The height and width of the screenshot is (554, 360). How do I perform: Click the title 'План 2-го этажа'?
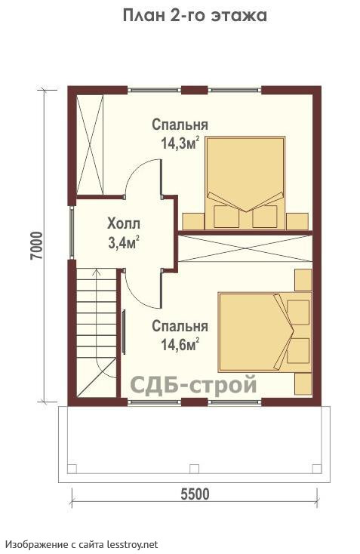(x=195, y=16)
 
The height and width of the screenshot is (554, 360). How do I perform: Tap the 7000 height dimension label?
(x=36, y=246)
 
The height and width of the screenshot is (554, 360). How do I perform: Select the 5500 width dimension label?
(x=195, y=494)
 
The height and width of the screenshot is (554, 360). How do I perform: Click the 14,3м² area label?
(x=180, y=143)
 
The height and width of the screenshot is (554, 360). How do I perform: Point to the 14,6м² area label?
(x=180, y=344)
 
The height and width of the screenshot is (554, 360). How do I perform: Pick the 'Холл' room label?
(x=124, y=223)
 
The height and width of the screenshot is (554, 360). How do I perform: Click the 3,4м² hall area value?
(x=123, y=243)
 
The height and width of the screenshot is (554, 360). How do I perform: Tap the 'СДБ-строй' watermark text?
(x=194, y=384)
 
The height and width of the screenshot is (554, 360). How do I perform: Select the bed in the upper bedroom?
(x=245, y=183)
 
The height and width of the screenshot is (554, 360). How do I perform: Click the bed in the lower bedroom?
(x=265, y=332)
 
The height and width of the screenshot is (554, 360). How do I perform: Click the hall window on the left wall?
(x=72, y=232)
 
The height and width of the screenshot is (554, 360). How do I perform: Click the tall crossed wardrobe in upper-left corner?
(x=90, y=144)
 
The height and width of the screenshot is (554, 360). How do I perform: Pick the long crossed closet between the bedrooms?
(x=245, y=249)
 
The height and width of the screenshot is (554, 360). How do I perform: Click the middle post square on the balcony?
(x=194, y=469)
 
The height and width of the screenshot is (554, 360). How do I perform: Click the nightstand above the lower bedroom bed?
(x=303, y=280)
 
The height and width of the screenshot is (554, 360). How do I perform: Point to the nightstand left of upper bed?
(x=193, y=222)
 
